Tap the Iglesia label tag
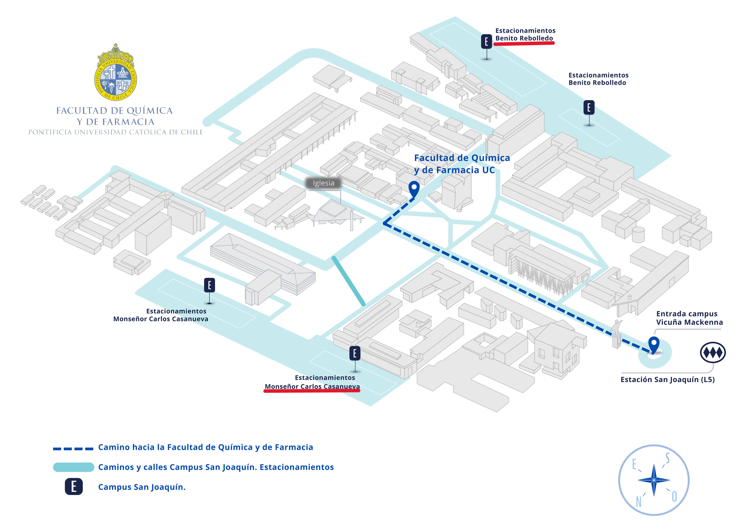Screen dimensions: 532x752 (x=323, y=183)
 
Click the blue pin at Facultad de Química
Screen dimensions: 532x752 (x=414, y=188)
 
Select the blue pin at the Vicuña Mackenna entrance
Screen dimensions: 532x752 (x=654, y=344)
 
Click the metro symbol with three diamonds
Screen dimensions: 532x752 (x=713, y=352)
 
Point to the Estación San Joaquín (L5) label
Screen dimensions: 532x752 (x=667, y=379)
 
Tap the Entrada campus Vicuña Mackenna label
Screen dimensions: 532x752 (x=689, y=318)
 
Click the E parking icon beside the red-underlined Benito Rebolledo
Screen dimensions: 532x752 (x=486, y=42)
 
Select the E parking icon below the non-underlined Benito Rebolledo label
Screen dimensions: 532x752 (x=589, y=107)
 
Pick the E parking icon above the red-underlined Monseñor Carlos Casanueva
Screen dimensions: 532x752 (x=355, y=353)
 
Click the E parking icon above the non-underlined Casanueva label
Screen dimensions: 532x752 (x=210, y=285)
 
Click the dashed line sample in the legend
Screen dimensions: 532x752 (x=73, y=448)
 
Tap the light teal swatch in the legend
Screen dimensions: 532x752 (x=74, y=467)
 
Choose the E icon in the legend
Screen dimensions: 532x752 (x=74, y=487)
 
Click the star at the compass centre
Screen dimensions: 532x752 (x=654, y=480)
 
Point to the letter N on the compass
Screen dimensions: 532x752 (x=638, y=502)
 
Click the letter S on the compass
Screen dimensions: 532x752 (x=667, y=458)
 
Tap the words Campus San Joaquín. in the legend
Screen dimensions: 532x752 (x=142, y=487)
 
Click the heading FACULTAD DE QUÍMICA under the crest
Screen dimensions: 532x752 (x=114, y=111)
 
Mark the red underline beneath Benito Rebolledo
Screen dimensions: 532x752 (x=524, y=43)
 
